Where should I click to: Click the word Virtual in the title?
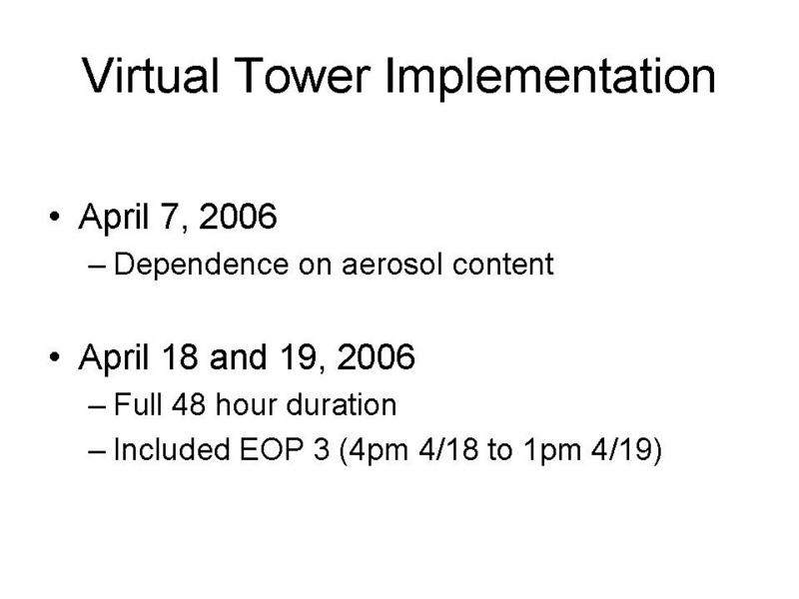151,76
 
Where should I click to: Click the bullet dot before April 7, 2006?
55,217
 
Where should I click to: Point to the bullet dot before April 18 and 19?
55,356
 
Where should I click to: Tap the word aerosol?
392,265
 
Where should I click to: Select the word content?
503,265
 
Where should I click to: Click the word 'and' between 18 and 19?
238,356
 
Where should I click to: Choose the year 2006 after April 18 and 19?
376,356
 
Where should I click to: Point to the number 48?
189,405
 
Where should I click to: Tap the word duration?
342,405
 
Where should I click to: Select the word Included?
171,449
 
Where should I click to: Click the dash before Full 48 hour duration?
97,406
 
